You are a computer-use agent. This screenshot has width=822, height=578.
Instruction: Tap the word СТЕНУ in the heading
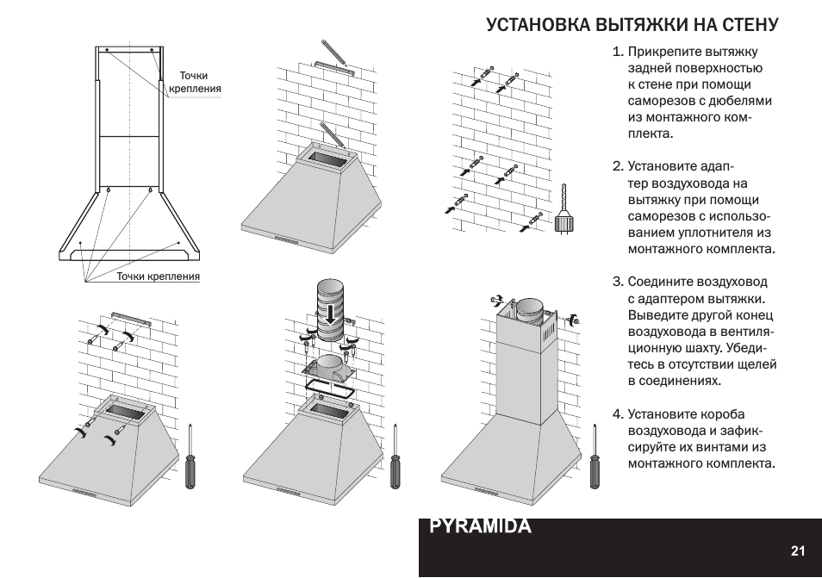[746, 24]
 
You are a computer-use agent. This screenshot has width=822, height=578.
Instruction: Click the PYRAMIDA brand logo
[480, 526]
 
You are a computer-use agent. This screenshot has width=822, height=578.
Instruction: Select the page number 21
[797, 551]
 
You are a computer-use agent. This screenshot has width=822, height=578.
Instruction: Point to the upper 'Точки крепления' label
[195, 82]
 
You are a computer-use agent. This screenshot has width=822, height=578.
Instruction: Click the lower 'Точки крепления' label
[159, 277]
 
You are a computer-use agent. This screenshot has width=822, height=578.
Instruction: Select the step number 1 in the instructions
[617, 52]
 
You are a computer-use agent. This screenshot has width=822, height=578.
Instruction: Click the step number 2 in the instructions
[617, 166]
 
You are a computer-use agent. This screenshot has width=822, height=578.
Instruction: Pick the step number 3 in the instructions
[617, 282]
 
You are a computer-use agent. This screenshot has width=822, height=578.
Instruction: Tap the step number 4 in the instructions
[617, 414]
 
